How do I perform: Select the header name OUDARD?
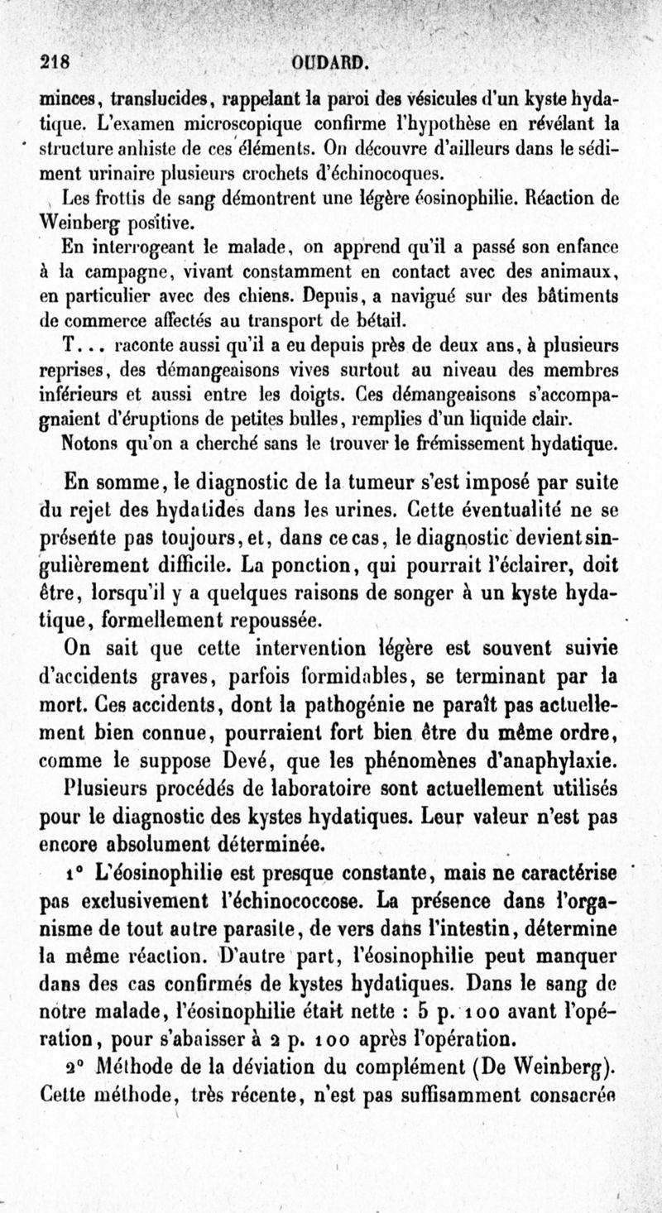[329, 62]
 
